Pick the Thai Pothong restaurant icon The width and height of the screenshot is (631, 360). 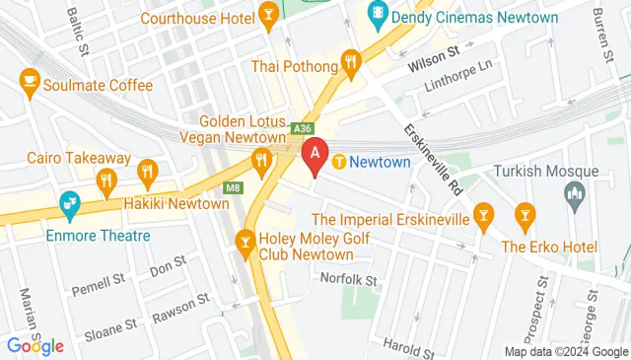pos(350,65)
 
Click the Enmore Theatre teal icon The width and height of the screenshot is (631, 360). pos(70,204)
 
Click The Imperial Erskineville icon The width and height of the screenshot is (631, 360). pos(483,212)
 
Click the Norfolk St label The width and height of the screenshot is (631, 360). pos(349,280)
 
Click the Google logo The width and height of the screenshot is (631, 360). pos(35,345)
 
